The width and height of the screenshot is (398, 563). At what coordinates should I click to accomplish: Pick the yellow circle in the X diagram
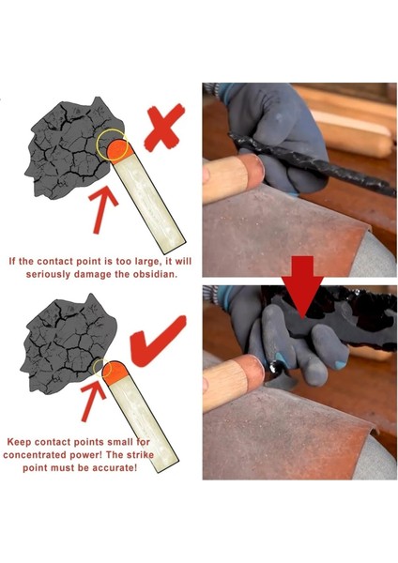(112, 143)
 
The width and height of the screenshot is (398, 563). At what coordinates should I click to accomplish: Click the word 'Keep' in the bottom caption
(21, 439)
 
